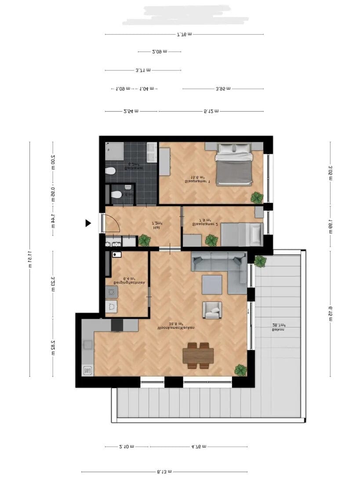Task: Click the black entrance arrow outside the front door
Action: (88, 223)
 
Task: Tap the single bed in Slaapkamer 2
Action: (242, 234)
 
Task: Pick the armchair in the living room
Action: (211, 310)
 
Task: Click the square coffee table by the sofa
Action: (211, 284)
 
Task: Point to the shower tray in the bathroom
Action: (115, 152)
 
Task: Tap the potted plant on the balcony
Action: (260, 261)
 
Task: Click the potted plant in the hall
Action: (144, 240)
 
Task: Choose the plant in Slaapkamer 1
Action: (257, 198)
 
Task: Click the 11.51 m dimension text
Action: (29, 259)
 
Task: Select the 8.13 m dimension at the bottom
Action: (165, 472)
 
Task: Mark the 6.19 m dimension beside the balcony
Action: (330, 313)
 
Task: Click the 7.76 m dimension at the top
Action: (184, 35)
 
